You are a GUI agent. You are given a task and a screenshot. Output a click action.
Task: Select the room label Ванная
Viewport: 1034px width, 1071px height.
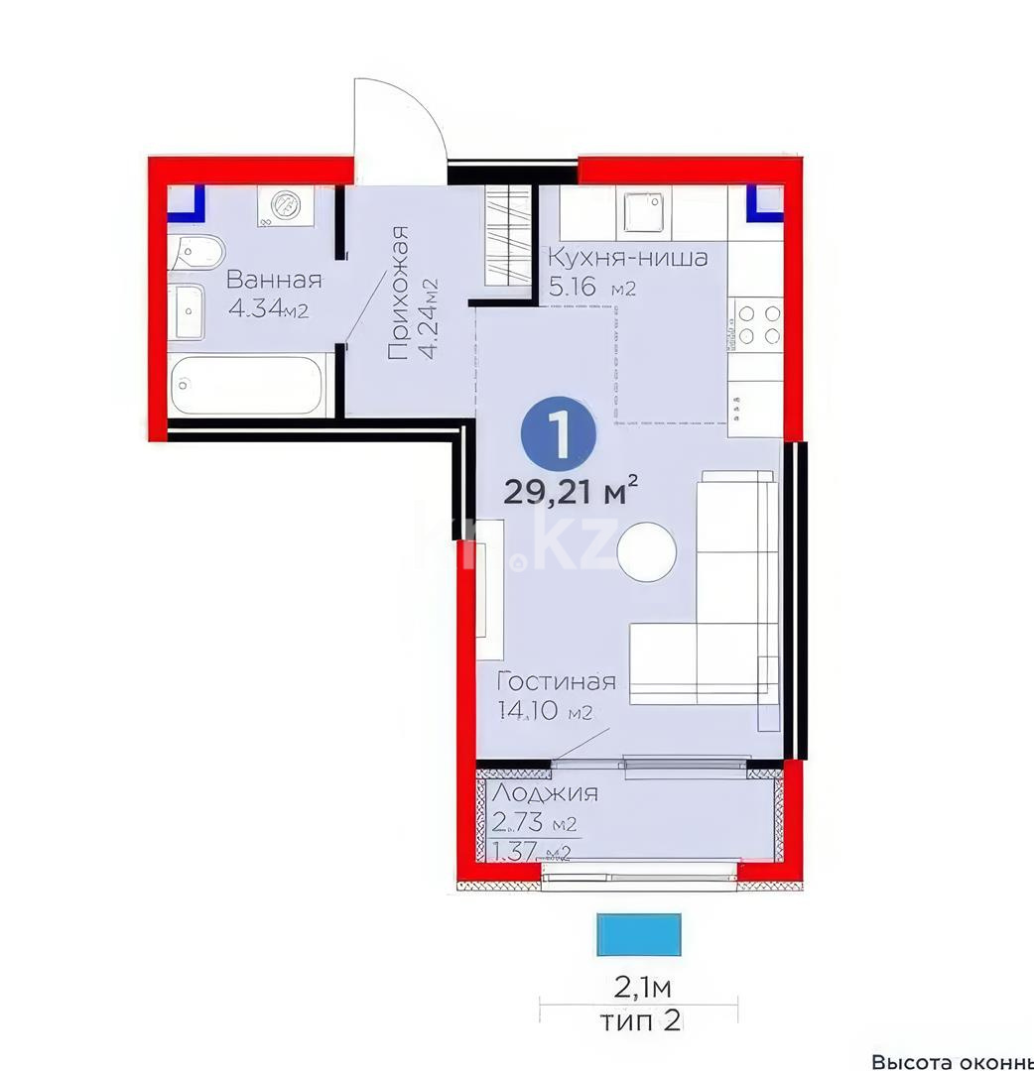pyautogui.click(x=274, y=280)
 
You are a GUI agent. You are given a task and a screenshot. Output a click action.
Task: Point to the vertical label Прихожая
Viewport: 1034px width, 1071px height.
pyautogui.click(x=399, y=293)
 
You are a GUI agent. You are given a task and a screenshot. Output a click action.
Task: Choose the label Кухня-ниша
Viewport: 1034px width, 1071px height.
pyautogui.click(x=628, y=259)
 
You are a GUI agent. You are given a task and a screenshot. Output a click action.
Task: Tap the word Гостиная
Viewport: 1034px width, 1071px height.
pyautogui.click(x=557, y=682)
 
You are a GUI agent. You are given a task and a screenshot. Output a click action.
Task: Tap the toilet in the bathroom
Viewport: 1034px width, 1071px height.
pyautogui.click(x=193, y=254)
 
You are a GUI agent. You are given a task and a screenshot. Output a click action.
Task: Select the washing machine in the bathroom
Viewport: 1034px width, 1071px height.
pyautogui.click(x=286, y=206)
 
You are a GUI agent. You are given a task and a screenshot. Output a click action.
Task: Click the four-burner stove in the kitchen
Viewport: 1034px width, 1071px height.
pyautogui.click(x=756, y=324)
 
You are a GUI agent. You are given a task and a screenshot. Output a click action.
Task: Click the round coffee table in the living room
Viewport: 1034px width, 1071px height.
pyautogui.click(x=647, y=550)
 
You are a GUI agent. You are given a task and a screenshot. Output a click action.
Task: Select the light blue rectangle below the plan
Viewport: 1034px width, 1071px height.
pyautogui.click(x=639, y=932)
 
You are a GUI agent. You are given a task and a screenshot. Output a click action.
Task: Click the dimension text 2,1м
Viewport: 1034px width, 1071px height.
pyautogui.click(x=642, y=988)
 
